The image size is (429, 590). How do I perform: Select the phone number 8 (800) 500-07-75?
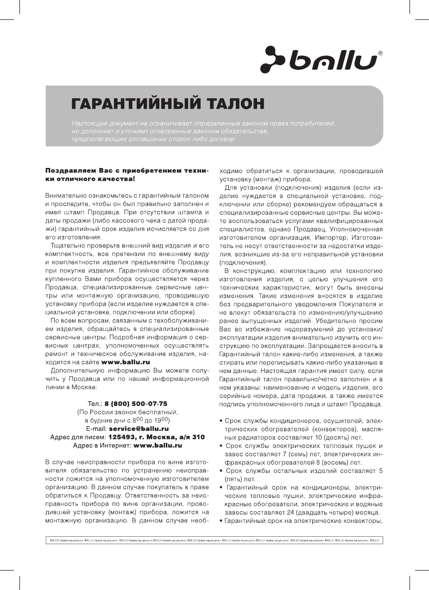(x=136, y=404)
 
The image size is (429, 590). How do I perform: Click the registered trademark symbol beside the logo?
(x=380, y=54)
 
